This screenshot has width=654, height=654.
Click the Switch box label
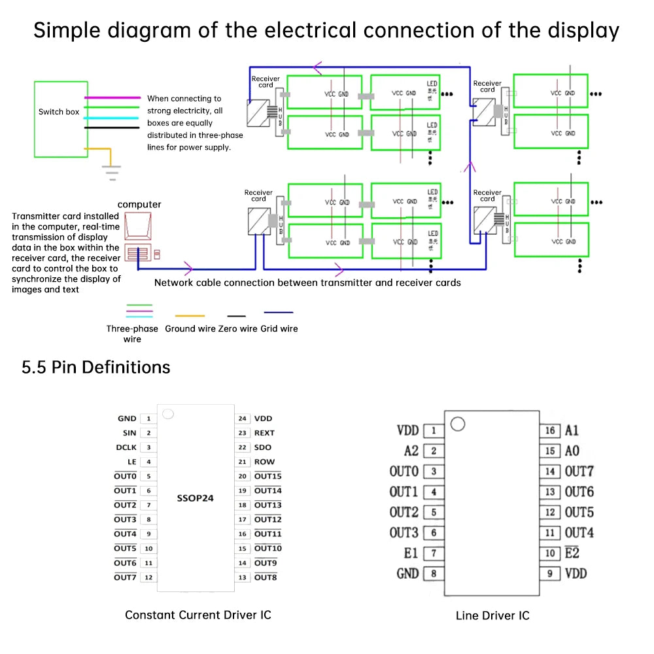59,112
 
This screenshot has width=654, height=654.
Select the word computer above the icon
139,205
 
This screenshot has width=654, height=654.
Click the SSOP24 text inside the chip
196,498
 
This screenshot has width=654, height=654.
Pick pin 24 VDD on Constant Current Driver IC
263,419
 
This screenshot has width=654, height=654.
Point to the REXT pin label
264,433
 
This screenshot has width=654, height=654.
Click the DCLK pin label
126,447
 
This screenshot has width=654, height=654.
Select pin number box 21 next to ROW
243,462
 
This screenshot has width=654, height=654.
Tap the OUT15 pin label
267,476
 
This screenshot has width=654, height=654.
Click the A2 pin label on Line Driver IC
411,451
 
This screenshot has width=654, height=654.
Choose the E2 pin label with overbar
572,553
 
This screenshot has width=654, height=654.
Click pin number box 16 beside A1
550,430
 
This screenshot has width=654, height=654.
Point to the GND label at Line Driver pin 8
407,574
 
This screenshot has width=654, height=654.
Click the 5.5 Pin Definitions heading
96,368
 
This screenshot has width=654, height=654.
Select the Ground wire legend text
190,329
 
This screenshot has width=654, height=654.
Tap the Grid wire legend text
279,329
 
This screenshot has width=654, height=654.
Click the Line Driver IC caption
492,615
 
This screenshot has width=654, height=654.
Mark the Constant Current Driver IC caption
198,615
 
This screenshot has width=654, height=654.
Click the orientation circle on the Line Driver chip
458,424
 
